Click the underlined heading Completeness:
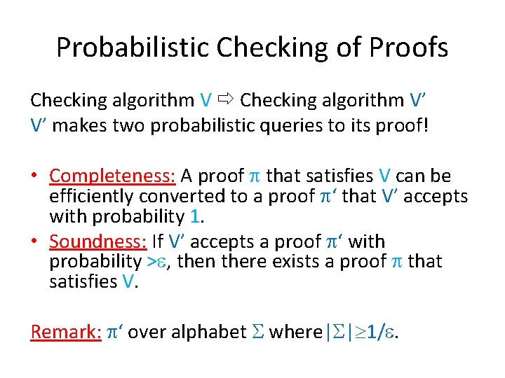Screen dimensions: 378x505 [x=113, y=176]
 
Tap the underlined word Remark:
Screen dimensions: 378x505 [x=66, y=331]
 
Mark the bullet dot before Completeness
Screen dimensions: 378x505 [x=35, y=176]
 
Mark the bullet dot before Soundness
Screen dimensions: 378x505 [x=35, y=242]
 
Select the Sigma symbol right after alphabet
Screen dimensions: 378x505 [x=257, y=331]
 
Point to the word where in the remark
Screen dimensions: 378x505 [x=292, y=331]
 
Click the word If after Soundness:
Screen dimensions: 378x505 [x=158, y=241]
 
